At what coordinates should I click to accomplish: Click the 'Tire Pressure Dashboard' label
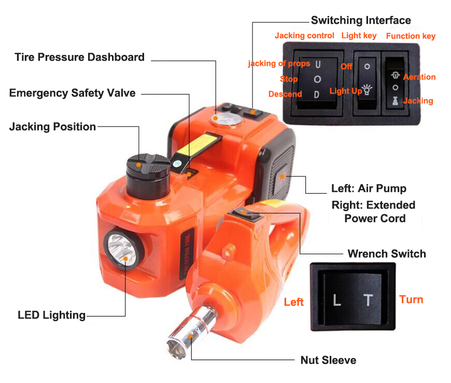coord(79,57)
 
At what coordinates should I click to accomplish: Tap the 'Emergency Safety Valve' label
coord(72,93)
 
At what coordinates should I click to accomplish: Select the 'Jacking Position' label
coord(52,127)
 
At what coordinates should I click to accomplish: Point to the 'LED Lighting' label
coord(51,315)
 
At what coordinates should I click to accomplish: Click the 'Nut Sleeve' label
coord(328,360)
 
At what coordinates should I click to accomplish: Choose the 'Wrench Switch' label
coord(387,254)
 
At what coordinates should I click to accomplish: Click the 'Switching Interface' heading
coord(361,20)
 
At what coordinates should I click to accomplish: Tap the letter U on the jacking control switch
coord(318,64)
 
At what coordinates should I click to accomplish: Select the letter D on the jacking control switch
coord(317,94)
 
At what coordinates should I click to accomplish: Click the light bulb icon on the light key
coord(367,89)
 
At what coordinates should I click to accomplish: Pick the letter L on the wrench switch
coord(337,300)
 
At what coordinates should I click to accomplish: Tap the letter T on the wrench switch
coord(368,300)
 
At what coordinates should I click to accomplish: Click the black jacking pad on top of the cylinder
coord(148,163)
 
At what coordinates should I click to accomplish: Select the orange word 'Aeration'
coord(419,77)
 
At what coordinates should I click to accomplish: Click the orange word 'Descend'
coord(285,94)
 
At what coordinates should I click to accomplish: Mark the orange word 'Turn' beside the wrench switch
coord(411,299)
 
